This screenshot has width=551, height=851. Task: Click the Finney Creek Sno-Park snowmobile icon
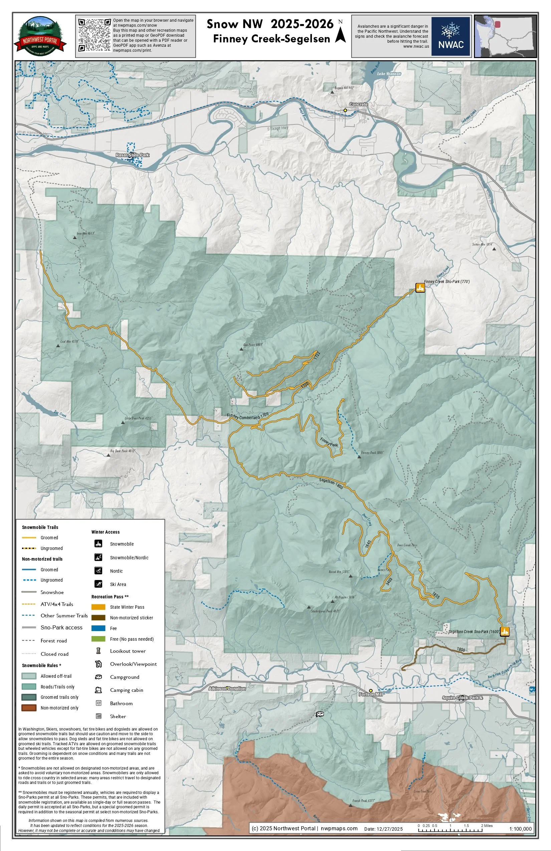420,287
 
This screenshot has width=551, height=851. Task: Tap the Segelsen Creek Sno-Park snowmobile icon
505,631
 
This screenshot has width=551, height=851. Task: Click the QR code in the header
95,35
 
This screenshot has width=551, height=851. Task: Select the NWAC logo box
450,36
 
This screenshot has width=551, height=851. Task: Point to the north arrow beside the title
340,33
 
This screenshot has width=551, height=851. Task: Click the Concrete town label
358,104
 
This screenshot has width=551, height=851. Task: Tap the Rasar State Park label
132,155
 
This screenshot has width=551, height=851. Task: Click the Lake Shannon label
389,74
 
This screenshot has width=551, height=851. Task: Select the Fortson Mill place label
371,694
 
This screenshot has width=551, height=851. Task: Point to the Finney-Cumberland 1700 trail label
247,416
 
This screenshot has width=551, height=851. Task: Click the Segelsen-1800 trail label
331,484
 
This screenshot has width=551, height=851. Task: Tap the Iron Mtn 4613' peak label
85,233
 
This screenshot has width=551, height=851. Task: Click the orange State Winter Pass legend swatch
98,607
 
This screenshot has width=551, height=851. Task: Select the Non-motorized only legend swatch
29,707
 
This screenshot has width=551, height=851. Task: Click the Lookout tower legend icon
99,651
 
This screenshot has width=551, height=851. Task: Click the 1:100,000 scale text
520,829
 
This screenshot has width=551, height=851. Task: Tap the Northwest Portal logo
40,36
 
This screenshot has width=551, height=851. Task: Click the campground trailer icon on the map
320,714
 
